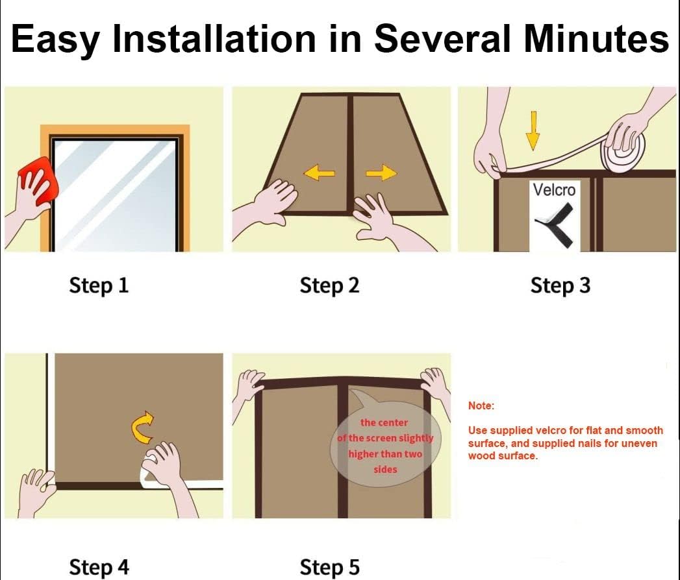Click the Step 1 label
pyautogui.click(x=99, y=285)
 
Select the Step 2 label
pyautogui.click(x=329, y=285)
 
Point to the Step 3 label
pyautogui.click(x=560, y=285)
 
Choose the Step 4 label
pyautogui.click(x=99, y=567)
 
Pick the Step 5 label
pyautogui.click(x=329, y=567)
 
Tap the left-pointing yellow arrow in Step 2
pyautogui.click(x=319, y=173)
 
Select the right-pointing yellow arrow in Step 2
pyautogui.click(x=381, y=173)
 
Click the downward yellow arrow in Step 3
pyautogui.click(x=533, y=130)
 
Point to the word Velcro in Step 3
pyautogui.click(x=553, y=190)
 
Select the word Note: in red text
pyautogui.click(x=481, y=405)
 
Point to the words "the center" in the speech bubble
pyautogui.click(x=384, y=422)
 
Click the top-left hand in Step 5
pyautogui.click(x=249, y=385)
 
